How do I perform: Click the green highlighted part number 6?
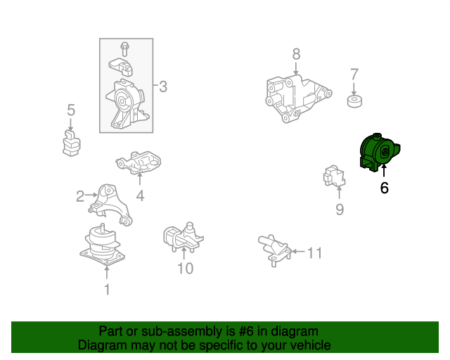(x=380, y=153)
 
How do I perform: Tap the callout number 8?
(x=297, y=54)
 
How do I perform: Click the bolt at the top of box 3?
(x=124, y=49)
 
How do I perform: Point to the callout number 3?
(x=163, y=86)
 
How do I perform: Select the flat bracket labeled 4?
(x=139, y=162)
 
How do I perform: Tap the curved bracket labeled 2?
(x=110, y=205)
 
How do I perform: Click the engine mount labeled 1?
(x=103, y=245)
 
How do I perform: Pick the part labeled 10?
(x=183, y=237)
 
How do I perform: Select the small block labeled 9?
(x=334, y=176)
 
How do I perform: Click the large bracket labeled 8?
(x=298, y=98)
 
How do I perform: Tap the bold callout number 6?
(x=385, y=188)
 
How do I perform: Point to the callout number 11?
(x=314, y=253)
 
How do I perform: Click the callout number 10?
(x=186, y=269)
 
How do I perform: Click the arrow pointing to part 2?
(x=91, y=195)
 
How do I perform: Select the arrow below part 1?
(x=107, y=273)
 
